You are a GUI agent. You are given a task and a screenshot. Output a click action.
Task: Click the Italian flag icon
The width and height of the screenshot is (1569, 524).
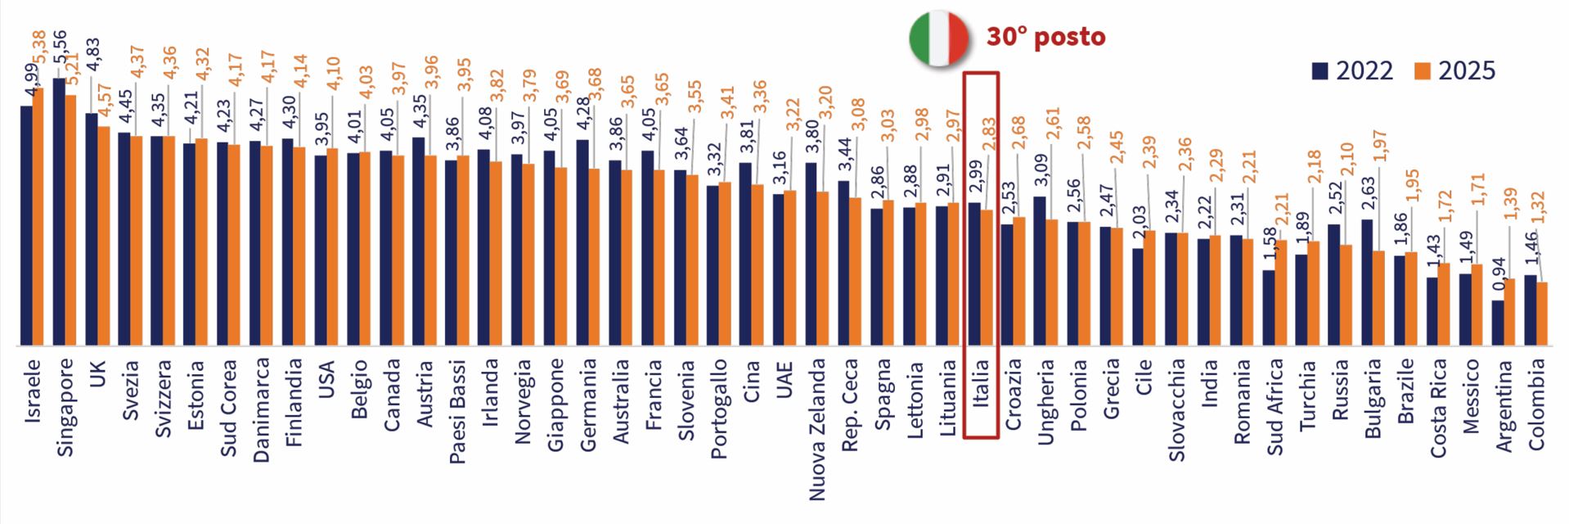(x=939, y=38)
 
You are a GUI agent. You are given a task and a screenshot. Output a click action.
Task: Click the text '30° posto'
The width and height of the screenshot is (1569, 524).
(x=1045, y=37)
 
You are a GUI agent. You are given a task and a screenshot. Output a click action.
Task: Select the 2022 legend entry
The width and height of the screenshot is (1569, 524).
(x=1352, y=71)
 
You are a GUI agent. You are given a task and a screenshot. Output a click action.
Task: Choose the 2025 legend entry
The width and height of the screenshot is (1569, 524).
(x=1454, y=71)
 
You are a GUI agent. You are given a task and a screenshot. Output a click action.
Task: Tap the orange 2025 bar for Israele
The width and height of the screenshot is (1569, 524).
(x=38, y=217)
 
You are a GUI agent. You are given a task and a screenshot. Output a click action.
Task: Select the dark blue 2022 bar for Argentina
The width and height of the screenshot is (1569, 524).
(x=1498, y=323)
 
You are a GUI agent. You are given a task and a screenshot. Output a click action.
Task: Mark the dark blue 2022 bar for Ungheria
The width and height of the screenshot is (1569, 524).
(x=1040, y=270)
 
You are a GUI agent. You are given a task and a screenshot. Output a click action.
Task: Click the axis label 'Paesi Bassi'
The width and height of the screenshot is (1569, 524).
(x=457, y=411)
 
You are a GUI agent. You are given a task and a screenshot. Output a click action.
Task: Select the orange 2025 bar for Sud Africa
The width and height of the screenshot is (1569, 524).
(x=1280, y=292)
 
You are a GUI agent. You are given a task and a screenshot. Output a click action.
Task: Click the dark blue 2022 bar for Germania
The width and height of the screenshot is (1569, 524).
(x=582, y=242)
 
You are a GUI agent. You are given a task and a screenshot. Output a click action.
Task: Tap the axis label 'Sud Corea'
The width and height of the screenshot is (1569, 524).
(x=228, y=407)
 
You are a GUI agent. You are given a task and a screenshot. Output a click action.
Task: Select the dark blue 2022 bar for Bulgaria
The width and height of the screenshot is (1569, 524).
(x=1367, y=282)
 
